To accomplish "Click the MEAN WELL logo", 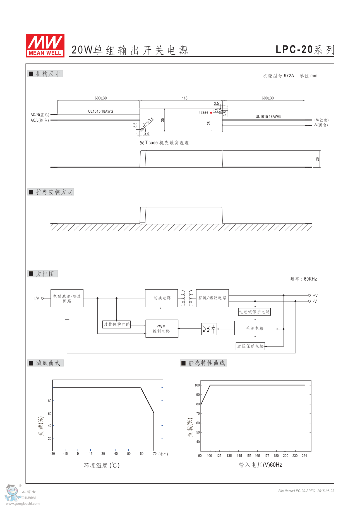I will click(45, 46).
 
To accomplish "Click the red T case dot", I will click(211, 113).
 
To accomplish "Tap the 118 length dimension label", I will click(184, 98).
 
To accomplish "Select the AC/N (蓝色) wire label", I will click(40, 115).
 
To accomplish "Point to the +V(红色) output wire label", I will click(321, 120).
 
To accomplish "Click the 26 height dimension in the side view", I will click(317, 159).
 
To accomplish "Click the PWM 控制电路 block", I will click(162, 329).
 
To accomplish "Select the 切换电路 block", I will click(162, 298).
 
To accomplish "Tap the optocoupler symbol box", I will click(209, 329).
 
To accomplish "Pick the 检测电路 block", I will click(255, 328).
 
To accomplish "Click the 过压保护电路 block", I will click(250, 346).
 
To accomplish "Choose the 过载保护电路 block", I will click(117, 324).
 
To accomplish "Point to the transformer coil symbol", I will click(187, 298).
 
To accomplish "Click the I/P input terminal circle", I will click(42, 298).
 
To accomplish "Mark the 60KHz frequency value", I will click(310, 279).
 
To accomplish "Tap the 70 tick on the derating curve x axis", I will click(155, 454).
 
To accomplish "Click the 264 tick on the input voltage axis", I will click(304, 456).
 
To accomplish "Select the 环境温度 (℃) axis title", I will click(102, 465).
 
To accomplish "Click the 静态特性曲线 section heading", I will click(207, 363).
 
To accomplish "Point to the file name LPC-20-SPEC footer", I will click(297, 491).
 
